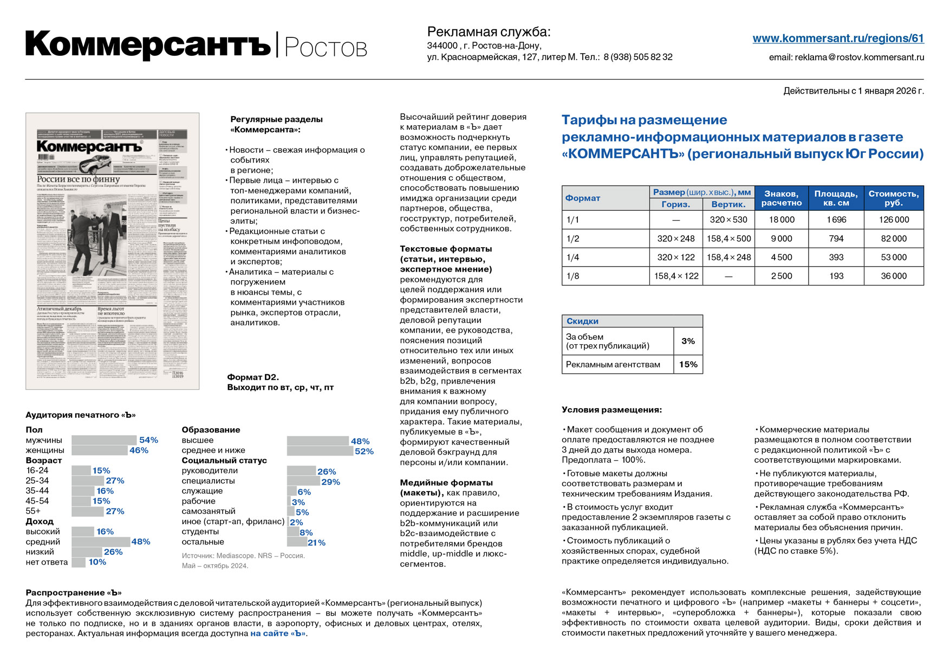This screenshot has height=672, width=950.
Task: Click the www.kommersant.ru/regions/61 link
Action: (838, 38)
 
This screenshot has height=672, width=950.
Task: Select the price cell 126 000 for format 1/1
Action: (894, 219)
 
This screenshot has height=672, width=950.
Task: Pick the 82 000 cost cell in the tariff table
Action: (894, 238)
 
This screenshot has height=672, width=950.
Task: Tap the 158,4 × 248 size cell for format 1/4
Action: (728, 257)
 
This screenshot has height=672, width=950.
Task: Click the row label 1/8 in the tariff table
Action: (572, 276)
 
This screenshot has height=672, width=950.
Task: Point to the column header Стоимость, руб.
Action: (893, 198)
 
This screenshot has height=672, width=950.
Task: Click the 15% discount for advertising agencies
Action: (688, 364)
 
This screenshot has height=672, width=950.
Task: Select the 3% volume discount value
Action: (688, 341)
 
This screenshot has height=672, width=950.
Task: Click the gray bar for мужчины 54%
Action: (104, 440)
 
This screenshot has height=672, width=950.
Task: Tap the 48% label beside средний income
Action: (141, 541)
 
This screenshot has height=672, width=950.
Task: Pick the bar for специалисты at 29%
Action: (303, 481)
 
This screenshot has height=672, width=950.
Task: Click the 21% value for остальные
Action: (316, 542)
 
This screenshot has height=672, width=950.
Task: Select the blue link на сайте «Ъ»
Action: (278, 633)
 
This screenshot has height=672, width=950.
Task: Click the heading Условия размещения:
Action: (611, 410)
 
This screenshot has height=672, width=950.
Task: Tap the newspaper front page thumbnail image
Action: (112, 251)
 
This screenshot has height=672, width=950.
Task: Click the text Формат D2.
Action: (253, 377)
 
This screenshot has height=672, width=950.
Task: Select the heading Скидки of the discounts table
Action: (582, 321)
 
